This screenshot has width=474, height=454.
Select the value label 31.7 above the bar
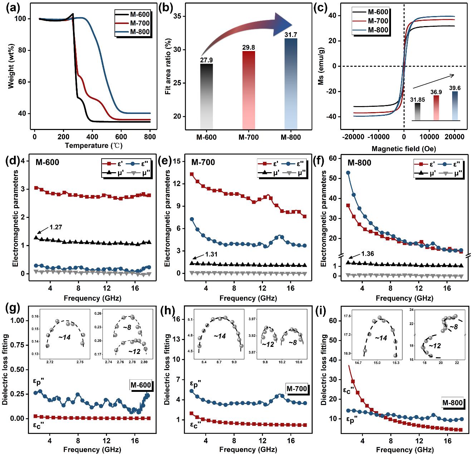click(x=290, y=35)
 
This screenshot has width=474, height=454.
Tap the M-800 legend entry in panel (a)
click(x=140, y=32)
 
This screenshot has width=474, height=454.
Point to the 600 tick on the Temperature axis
click(x=121, y=136)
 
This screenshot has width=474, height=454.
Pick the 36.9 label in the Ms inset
click(x=436, y=92)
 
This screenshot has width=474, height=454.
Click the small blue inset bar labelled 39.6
click(x=455, y=106)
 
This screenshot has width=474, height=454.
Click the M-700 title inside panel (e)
click(x=203, y=163)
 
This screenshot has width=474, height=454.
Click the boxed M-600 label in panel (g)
click(x=141, y=385)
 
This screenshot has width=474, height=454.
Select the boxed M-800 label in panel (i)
click(x=453, y=403)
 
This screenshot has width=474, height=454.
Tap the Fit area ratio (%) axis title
click(x=168, y=68)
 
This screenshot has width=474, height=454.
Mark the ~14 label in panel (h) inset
click(x=219, y=336)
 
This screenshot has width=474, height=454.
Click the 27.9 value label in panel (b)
click(x=206, y=60)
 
